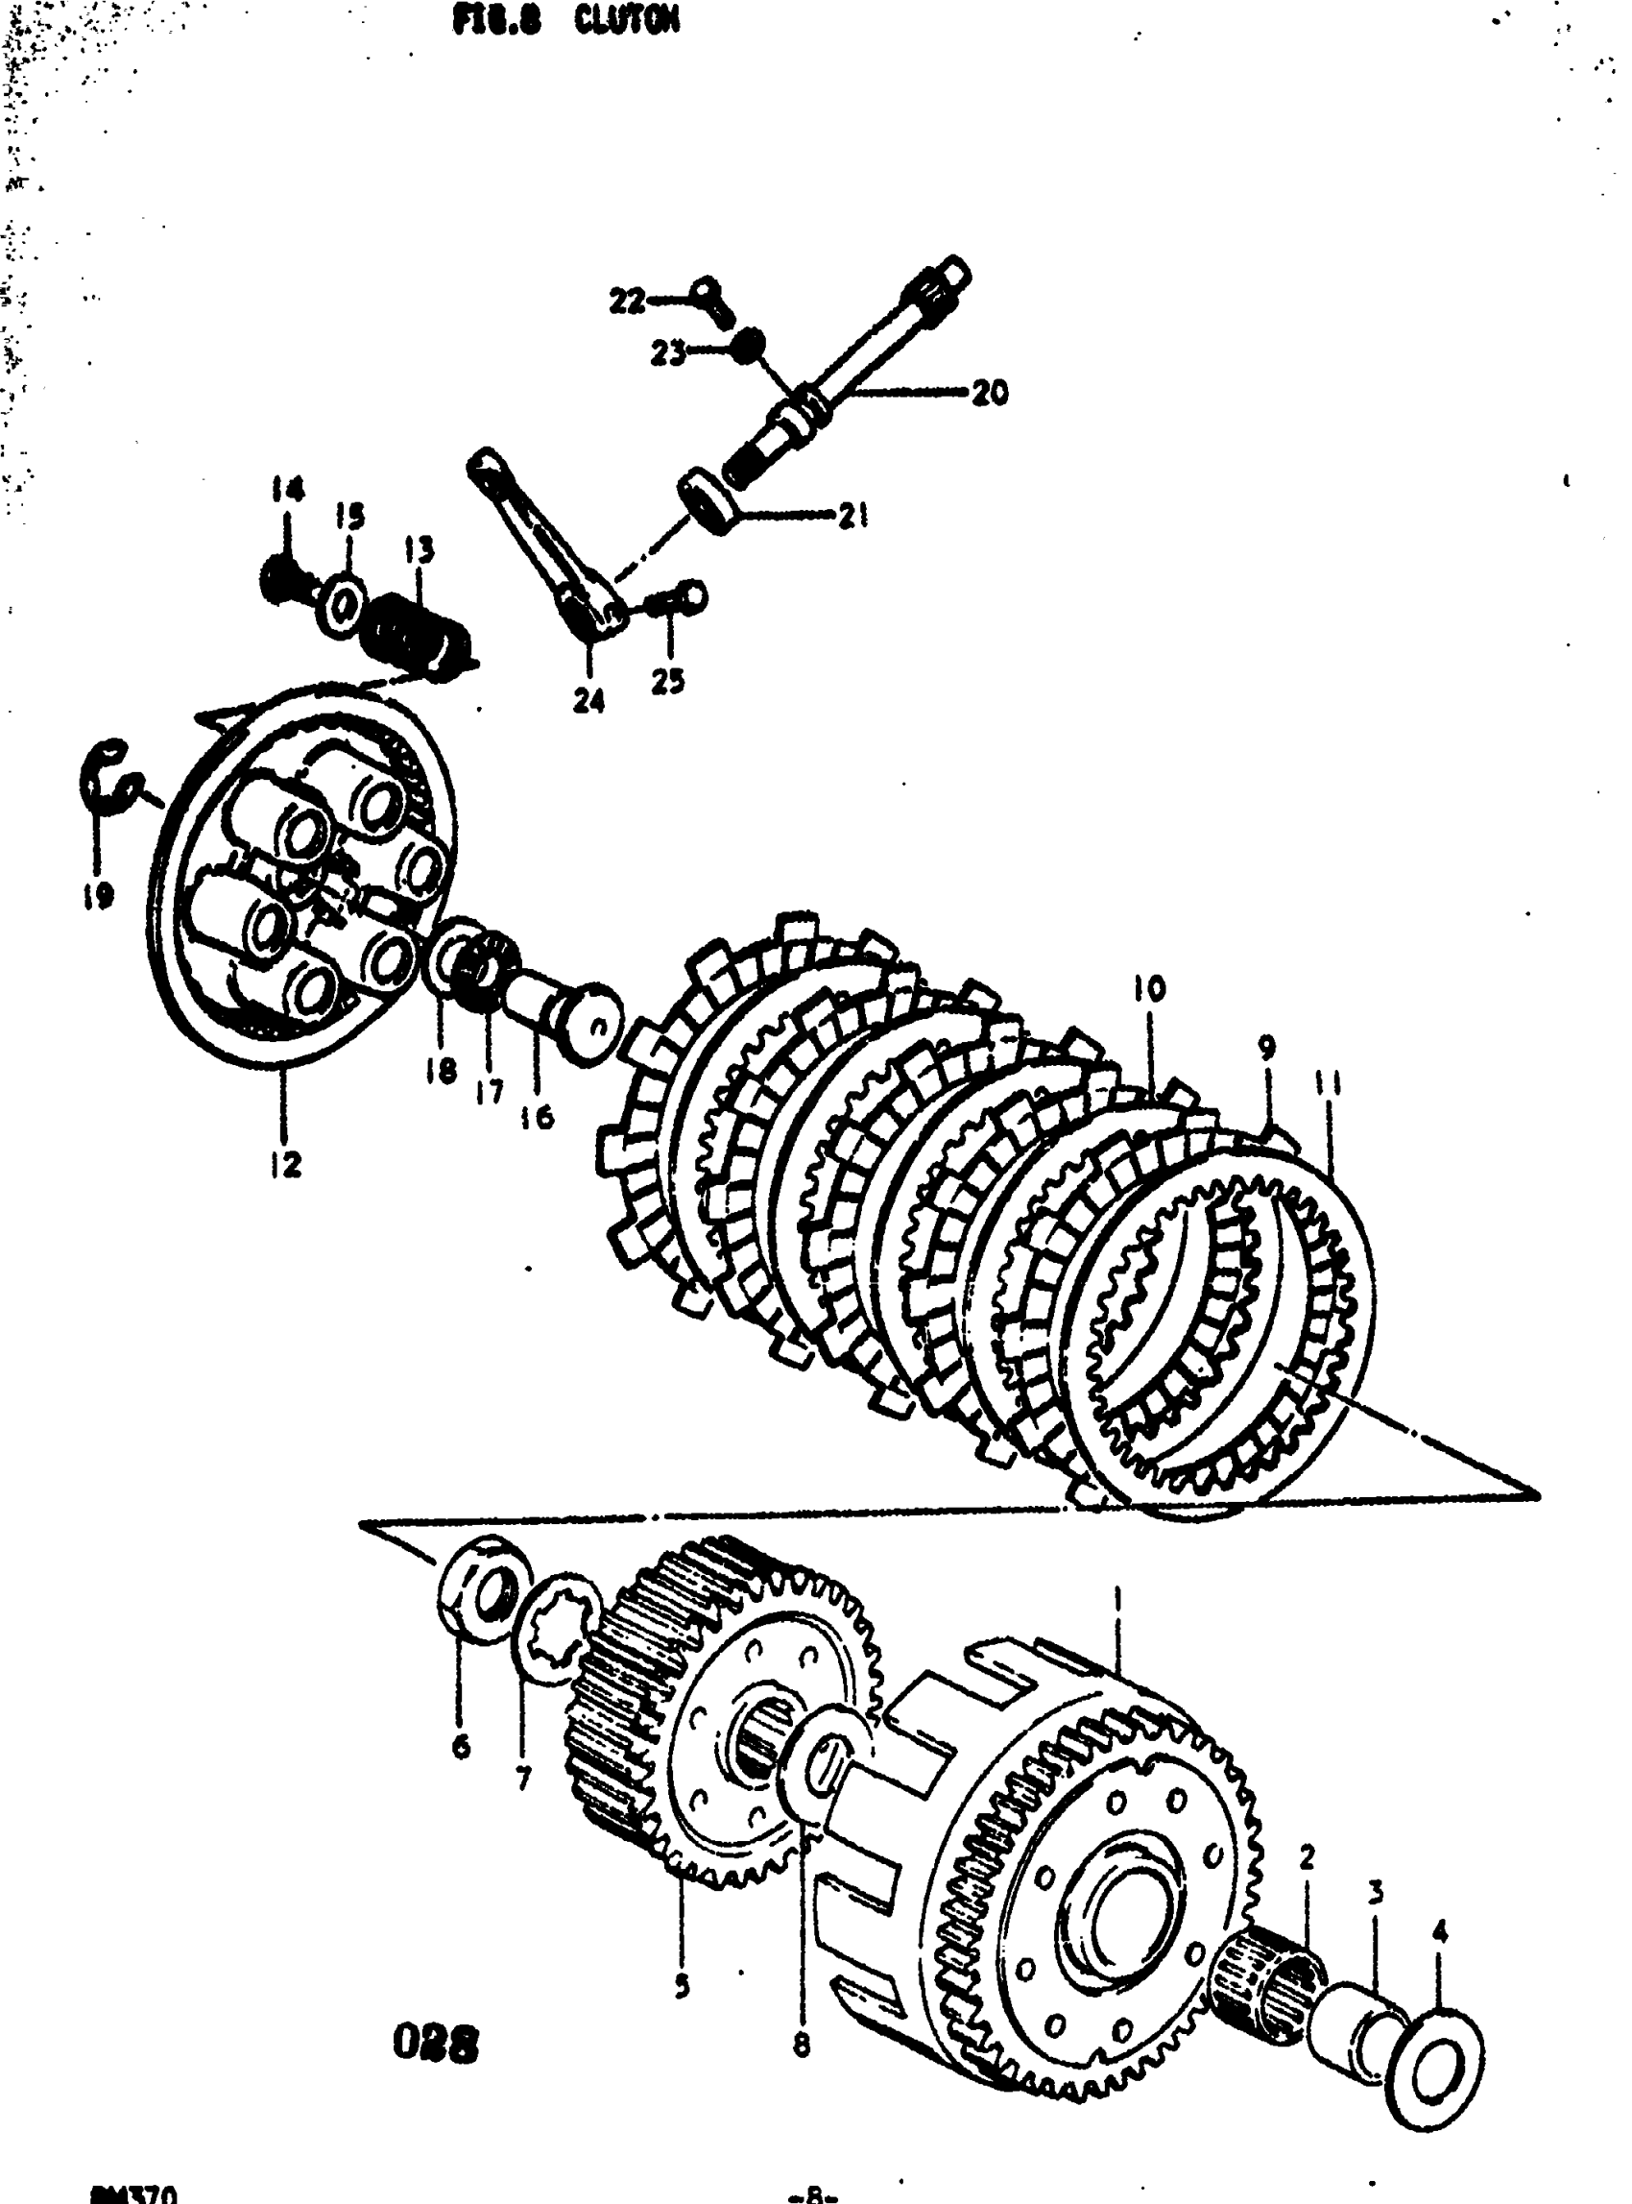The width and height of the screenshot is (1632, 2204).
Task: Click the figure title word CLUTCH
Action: tap(626, 21)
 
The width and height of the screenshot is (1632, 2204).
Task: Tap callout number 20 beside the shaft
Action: tap(989, 394)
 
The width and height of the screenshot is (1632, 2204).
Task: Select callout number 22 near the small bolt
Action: tap(626, 300)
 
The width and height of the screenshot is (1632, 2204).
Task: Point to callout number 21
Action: tap(853, 515)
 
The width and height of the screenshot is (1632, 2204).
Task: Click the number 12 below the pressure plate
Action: tap(284, 1165)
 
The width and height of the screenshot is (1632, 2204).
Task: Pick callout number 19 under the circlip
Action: tap(98, 895)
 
